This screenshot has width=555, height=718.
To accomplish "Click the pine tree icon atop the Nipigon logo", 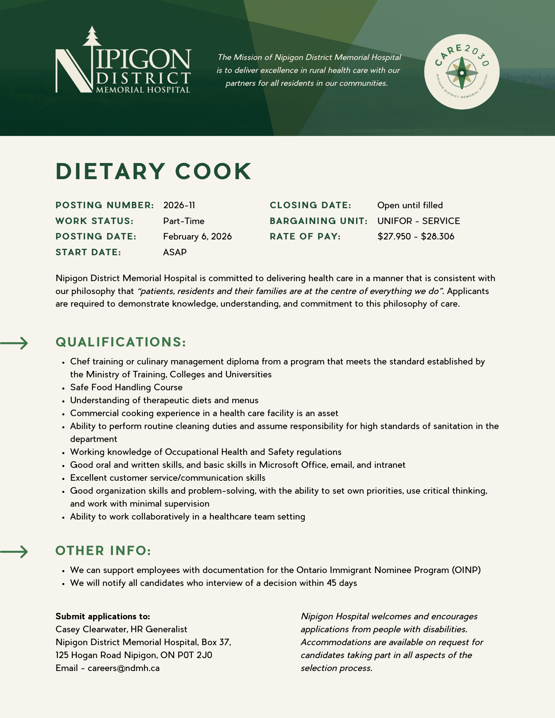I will click(92, 36).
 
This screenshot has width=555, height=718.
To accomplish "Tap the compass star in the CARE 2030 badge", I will click(462, 73).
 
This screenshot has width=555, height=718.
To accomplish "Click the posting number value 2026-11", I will click(179, 205).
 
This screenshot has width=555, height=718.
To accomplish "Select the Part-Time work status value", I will click(184, 221).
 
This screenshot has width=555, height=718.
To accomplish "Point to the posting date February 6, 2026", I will click(197, 237).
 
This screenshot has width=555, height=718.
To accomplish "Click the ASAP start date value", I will click(175, 252).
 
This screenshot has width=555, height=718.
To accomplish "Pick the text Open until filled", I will click(410, 205).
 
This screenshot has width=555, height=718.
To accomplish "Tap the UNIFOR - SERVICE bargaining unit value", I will click(418, 221).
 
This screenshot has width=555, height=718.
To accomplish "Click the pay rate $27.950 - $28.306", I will click(416, 237).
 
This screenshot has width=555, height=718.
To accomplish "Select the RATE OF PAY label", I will click(305, 237).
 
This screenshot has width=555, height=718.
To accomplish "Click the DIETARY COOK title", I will click(154, 172).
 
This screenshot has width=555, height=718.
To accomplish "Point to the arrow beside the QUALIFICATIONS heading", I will click(14, 343).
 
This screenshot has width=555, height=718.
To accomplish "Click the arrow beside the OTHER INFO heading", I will click(14, 552).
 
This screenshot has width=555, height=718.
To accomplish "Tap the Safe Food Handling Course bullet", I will click(126, 387).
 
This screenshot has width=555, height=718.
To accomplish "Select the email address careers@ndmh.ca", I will click(124, 668).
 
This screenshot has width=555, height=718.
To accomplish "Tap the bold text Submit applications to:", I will click(103, 616).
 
